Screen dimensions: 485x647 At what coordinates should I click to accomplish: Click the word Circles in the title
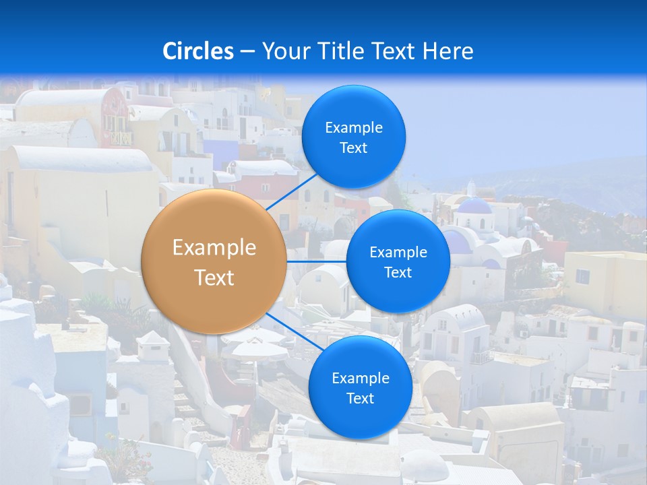[x=198, y=51]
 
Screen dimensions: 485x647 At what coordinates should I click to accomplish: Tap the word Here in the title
[x=448, y=51]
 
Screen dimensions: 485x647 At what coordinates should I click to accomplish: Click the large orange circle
[x=214, y=261]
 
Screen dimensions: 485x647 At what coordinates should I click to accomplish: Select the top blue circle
[x=354, y=137]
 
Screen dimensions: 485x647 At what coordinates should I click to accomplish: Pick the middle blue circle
[x=398, y=261]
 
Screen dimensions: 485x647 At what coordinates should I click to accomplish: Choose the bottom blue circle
[x=361, y=387]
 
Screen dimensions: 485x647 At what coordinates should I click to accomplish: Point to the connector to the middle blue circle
[x=316, y=261]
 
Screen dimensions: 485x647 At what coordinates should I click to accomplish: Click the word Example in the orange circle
[x=214, y=248]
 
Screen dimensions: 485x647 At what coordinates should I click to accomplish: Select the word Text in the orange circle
[x=214, y=278]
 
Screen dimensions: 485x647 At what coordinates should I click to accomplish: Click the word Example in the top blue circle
[x=354, y=127]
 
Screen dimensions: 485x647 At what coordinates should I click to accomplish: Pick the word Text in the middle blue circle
[x=398, y=272]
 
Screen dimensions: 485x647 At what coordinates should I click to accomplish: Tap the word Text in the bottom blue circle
[x=361, y=398]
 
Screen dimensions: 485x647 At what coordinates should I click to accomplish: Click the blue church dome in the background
[x=474, y=205]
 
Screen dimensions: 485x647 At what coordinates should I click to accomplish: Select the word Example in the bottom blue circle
[x=361, y=378]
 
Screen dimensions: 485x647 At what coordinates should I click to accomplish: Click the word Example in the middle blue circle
[x=398, y=252]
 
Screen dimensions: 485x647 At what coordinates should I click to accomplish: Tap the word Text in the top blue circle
[x=354, y=148]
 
